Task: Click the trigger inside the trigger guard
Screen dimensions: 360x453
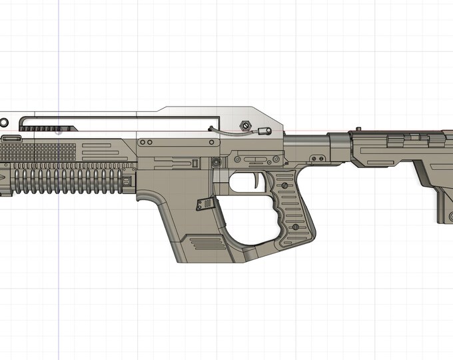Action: pyautogui.click(x=257, y=180)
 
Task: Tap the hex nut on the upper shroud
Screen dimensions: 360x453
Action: pyautogui.click(x=244, y=125)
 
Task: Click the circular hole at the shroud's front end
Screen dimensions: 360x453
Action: pyautogui.click(x=4, y=123)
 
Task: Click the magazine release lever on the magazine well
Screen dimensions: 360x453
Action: pyautogui.click(x=203, y=205)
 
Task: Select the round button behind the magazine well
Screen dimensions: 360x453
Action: pyautogui.click(x=215, y=163)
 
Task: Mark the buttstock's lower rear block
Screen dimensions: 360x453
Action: pyautogui.click(x=445, y=207)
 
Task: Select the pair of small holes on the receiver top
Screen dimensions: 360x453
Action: pyautogui.click(x=143, y=143)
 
